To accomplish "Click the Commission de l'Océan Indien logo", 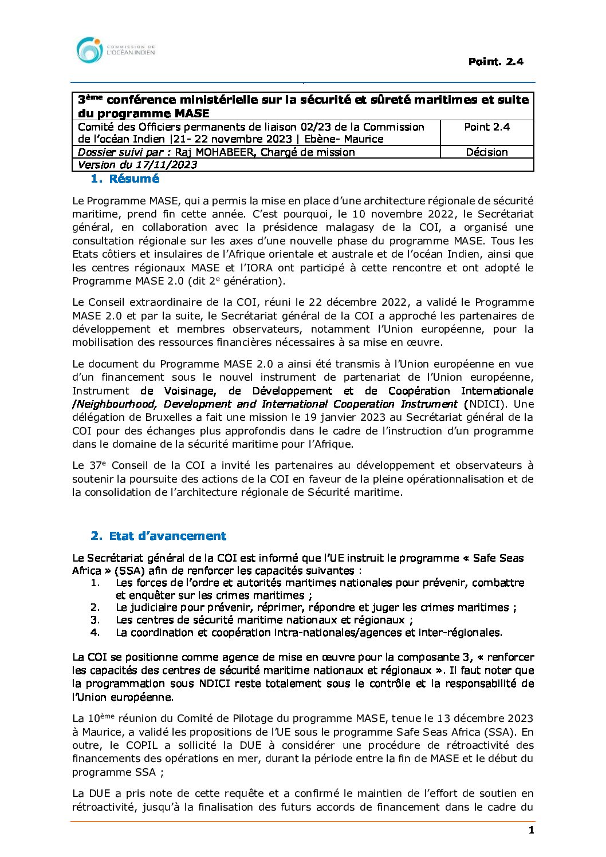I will tap(115, 50).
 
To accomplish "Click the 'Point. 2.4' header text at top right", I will tap(495, 62).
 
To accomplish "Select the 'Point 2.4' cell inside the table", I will tap(487, 127).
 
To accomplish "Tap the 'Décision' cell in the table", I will tap(487, 152).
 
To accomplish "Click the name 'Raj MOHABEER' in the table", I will tap(210, 152).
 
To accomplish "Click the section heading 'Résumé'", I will tap(134, 179).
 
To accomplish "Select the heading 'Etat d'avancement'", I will tap(167, 536).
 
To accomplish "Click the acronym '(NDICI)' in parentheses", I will tap(485, 404).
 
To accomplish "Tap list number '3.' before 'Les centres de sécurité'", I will tap(95, 620).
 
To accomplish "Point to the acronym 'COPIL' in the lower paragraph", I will tap(141, 745).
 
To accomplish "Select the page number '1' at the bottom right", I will tap(531, 830).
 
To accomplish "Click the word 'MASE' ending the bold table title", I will tap(190, 113).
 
